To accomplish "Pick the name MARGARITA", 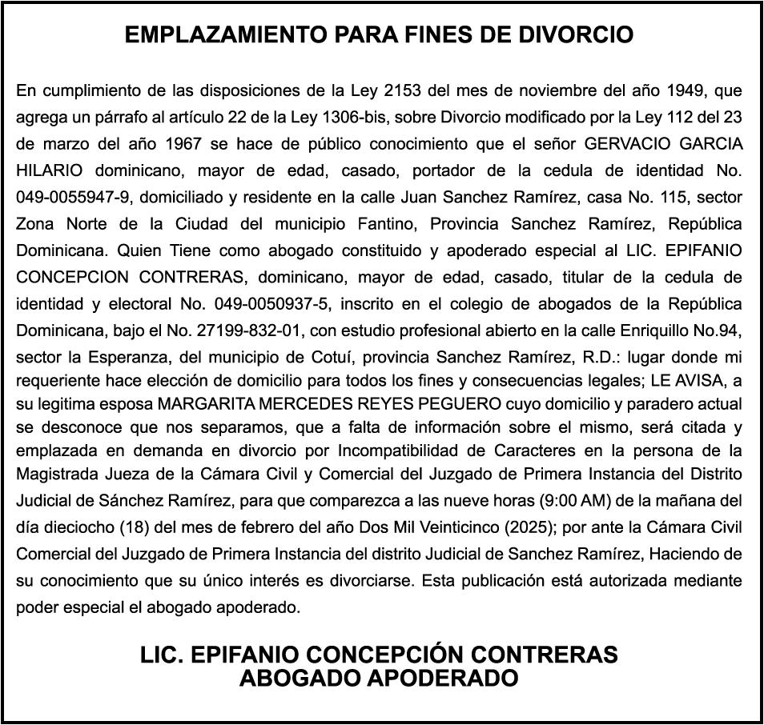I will (x=201, y=403).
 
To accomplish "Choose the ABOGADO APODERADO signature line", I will (x=379, y=679).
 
